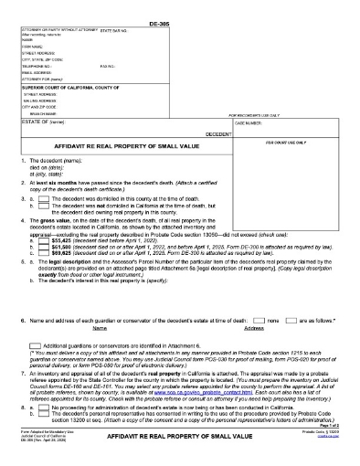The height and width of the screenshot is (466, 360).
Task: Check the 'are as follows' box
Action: tap(291, 323)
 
